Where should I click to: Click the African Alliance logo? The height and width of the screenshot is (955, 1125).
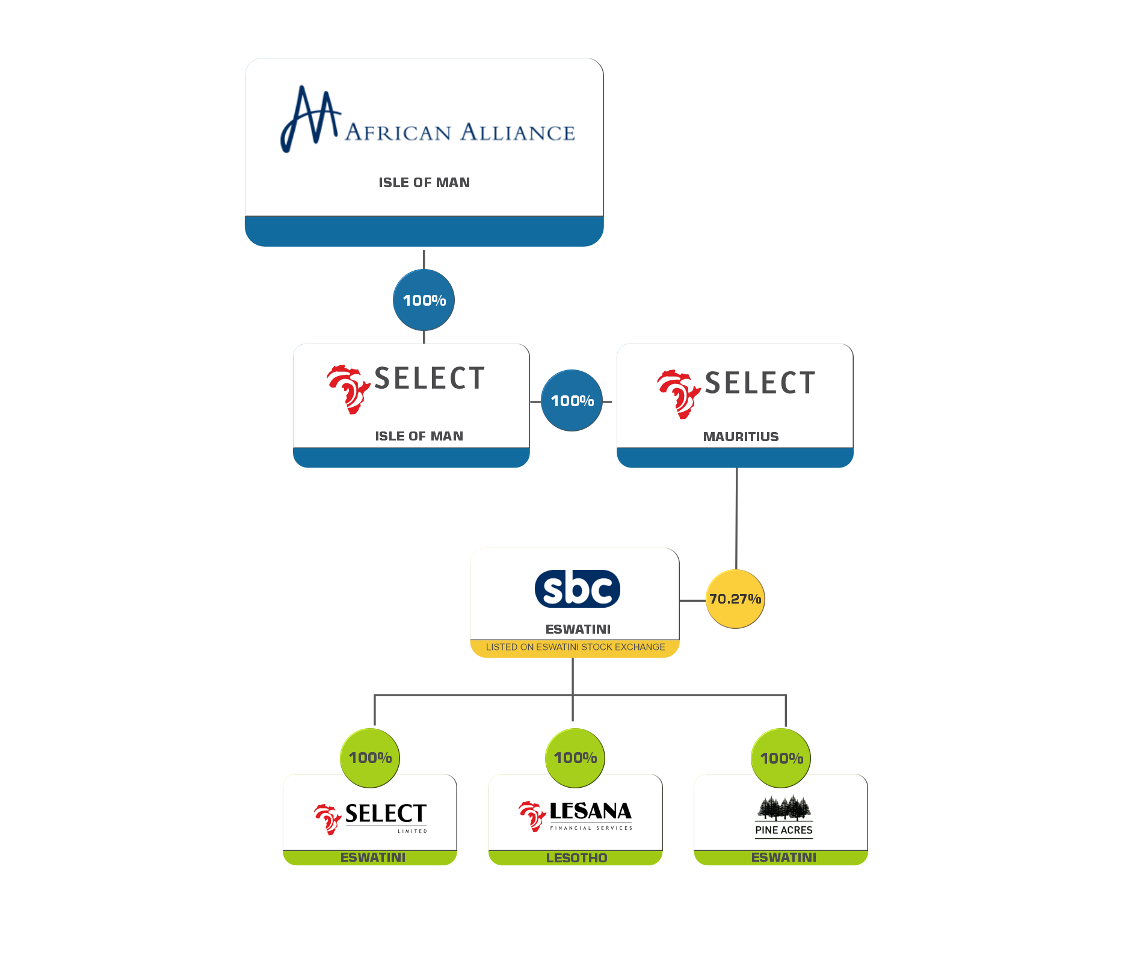[427, 120]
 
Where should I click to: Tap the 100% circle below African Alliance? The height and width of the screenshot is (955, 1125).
[424, 300]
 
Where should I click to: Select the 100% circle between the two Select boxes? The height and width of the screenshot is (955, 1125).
[572, 401]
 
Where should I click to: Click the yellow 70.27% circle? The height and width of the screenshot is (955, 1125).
[735, 599]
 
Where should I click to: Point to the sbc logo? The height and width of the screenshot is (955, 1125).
[577, 589]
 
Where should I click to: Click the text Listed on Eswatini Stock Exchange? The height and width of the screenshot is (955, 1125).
[575, 647]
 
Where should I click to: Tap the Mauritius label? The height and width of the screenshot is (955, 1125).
[741, 437]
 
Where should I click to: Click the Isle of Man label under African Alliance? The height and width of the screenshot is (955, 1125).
[424, 182]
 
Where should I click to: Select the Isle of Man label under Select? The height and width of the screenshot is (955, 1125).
[419, 436]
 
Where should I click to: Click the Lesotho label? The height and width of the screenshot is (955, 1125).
[576, 858]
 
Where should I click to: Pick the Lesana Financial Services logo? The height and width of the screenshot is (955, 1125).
[576, 815]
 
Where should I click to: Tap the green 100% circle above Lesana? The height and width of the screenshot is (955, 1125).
[575, 758]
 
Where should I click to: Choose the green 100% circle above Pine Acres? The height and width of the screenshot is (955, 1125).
[781, 758]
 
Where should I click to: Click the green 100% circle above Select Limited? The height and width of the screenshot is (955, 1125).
[370, 758]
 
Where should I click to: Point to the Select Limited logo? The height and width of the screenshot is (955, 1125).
[371, 817]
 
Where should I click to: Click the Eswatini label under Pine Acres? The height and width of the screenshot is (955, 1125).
[783, 858]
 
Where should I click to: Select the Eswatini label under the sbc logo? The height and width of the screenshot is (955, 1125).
[578, 629]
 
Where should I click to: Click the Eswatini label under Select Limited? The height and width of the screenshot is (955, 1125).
[372, 858]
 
